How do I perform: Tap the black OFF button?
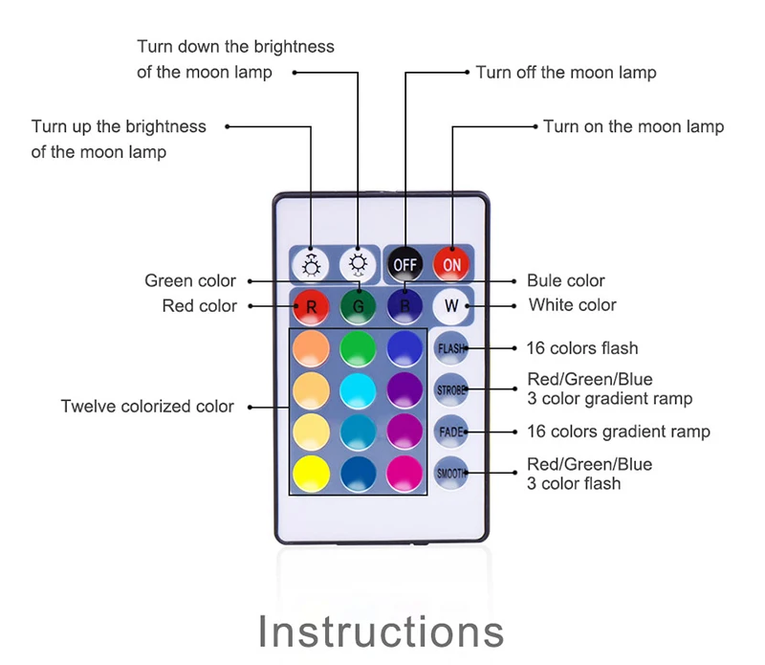click(x=405, y=263)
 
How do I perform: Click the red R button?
click(x=310, y=307)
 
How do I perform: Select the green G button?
click(x=358, y=307)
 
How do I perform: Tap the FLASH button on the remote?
click(x=450, y=348)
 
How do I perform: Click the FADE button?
click(x=450, y=432)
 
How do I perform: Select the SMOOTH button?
click(x=450, y=473)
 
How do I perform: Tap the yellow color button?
click(x=310, y=473)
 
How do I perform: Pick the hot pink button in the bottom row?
click(x=405, y=473)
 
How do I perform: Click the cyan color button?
click(x=358, y=390)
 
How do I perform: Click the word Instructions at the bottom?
click(x=382, y=632)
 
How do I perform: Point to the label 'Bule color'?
click(x=566, y=281)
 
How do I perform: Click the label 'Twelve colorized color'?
click(x=147, y=407)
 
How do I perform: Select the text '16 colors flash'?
click(x=582, y=348)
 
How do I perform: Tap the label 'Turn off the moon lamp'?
click(x=566, y=73)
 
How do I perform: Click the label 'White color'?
click(x=573, y=305)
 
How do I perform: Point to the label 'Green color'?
click(x=190, y=281)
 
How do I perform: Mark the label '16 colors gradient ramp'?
click(x=619, y=432)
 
